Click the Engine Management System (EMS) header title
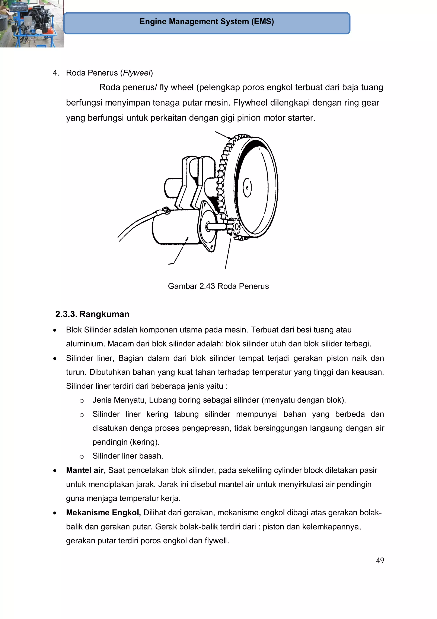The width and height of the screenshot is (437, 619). point(207,22)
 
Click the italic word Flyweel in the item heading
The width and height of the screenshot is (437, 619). point(137,73)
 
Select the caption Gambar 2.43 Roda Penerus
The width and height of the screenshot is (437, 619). point(218,286)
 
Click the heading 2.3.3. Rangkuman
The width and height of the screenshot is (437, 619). point(92,314)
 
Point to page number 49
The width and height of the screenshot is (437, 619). point(380,560)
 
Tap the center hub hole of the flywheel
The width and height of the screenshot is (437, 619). point(247,187)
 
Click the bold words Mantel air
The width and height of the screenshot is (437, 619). point(86,470)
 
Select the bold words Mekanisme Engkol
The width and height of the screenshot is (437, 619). point(103,513)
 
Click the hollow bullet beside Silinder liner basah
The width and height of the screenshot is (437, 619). point(82,457)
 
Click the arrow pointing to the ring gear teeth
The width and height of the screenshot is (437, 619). point(222,135)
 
